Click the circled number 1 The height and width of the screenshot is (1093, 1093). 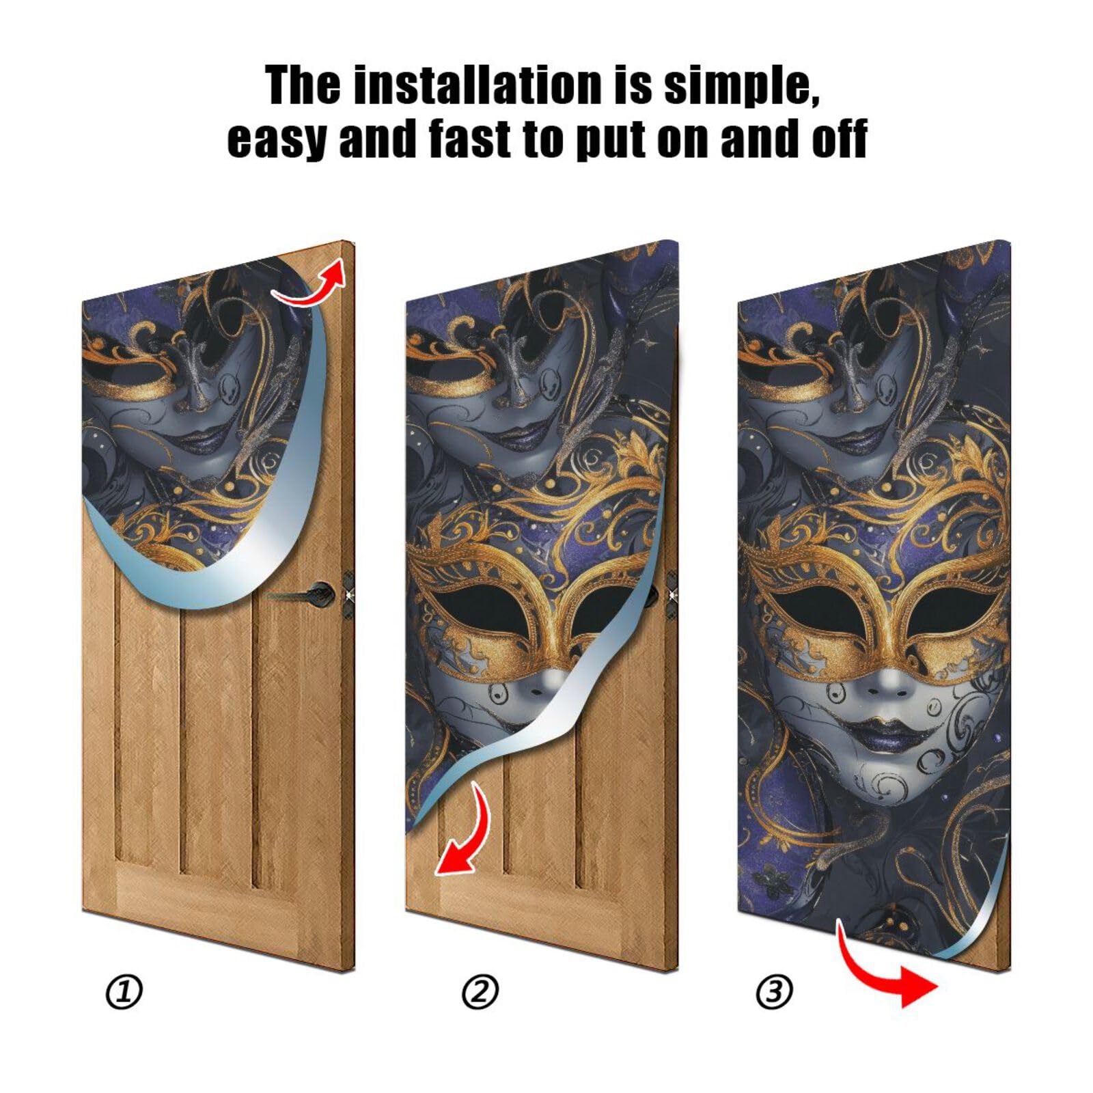[x=124, y=993]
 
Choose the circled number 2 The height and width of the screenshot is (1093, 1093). [x=480, y=993]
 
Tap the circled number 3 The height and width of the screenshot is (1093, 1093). [x=774, y=993]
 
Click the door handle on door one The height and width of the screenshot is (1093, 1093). [x=314, y=592]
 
